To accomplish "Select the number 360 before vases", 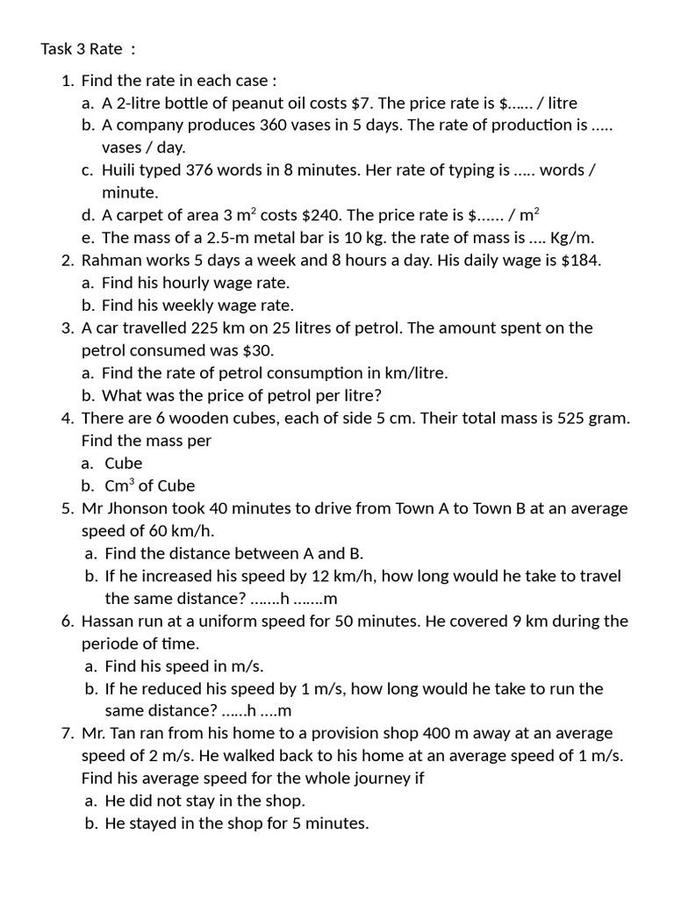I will (x=276, y=126).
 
